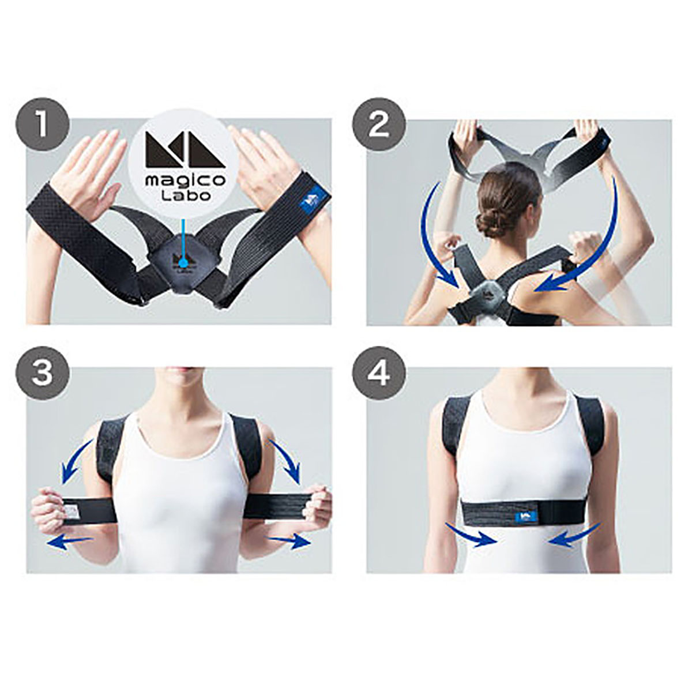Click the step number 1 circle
[42, 126]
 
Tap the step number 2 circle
[379, 126]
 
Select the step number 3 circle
[42, 375]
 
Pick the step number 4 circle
[379, 375]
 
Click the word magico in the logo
[185, 181]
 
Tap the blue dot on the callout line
[183, 264]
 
